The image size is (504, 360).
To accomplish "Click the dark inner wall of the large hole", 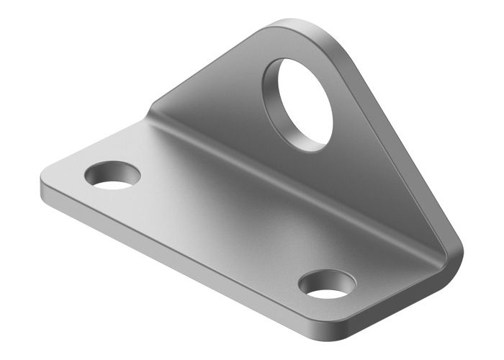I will click(x=277, y=101).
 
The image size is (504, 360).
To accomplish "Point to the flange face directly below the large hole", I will click(x=324, y=173).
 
